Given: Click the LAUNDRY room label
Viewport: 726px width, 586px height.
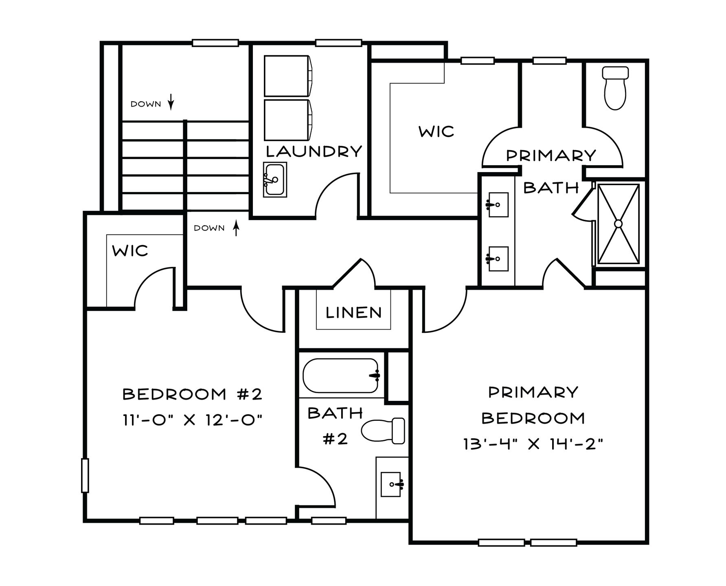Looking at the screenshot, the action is tap(314, 151).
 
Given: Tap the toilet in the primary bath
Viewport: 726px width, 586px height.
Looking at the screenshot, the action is tap(615, 89).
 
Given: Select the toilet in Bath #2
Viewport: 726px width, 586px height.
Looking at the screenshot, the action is tap(383, 431).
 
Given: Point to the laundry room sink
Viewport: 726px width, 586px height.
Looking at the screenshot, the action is tap(275, 179).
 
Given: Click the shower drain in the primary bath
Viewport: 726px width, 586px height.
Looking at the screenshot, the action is tap(618, 223).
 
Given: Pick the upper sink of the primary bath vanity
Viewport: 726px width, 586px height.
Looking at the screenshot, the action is tap(498, 205).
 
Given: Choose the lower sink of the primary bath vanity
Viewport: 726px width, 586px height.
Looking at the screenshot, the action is tap(498, 258).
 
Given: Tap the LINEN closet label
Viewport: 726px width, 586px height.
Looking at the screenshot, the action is tap(354, 313).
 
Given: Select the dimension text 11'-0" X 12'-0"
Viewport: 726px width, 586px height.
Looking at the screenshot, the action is tap(192, 419).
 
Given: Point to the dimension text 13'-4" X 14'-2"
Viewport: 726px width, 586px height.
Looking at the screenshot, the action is tap(533, 444).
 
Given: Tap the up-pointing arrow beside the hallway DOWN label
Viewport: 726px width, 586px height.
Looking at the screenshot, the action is tap(235, 228).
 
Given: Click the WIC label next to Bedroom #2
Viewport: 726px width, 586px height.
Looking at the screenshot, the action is tap(130, 251).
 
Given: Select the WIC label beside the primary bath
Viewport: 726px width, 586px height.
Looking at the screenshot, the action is tap(436, 131).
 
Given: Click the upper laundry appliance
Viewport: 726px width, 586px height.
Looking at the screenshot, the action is tap(289, 76).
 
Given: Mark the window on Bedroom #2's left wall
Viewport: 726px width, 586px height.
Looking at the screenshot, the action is tap(85, 475).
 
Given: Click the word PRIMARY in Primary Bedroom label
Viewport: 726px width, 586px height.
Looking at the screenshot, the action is tap(533, 392).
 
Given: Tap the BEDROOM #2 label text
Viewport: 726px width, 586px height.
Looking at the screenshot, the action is tap(192, 394).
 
